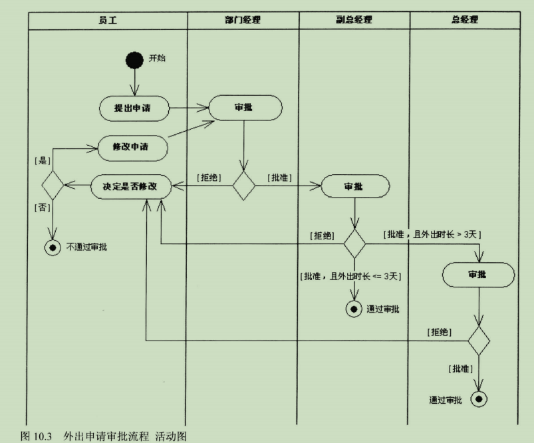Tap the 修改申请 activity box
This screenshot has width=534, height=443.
[x=133, y=147]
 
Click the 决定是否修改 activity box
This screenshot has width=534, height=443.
[x=131, y=187]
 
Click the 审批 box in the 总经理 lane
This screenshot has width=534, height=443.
[x=477, y=274]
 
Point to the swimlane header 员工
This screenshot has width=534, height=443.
[x=108, y=20]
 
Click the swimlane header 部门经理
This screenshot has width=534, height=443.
[x=243, y=20]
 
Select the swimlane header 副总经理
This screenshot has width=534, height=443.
[x=354, y=20]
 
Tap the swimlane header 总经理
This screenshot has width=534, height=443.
[x=465, y=20]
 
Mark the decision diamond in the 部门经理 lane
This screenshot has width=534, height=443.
[x=244, y=187]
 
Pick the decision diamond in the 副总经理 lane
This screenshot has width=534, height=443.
[x=354, y=245]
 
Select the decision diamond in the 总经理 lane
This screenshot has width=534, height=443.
[x=479, y=341]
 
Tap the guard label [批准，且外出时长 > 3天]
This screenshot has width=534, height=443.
[x=432, y=234]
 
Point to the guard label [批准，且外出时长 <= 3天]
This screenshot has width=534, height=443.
[x=354, y=276]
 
